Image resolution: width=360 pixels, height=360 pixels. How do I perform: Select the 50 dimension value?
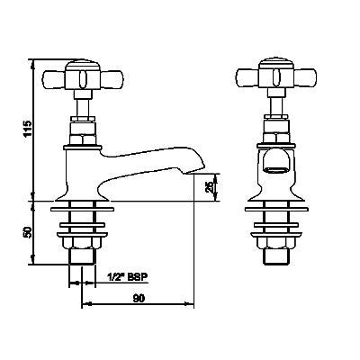(28, 232)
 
